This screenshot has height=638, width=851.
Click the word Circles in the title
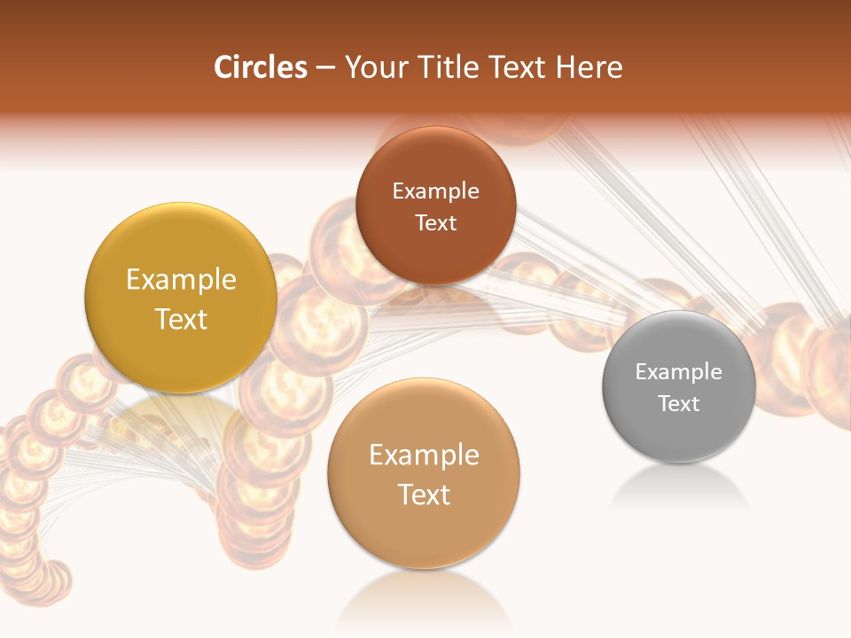[260, 67]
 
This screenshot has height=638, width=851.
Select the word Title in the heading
[451, 67]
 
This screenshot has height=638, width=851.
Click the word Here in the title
[592, 67]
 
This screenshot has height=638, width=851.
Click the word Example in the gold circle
[181, 280]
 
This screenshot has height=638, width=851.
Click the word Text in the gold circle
[181, 319]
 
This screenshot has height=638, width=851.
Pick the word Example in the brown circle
[435, 191]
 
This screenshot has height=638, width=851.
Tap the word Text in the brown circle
[435, 222]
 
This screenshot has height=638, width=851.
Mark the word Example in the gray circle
[679, 371]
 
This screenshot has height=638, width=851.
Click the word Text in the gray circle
[679, 403]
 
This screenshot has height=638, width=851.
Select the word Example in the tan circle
[424, 455]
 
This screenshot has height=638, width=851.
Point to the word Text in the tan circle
[424, 494]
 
